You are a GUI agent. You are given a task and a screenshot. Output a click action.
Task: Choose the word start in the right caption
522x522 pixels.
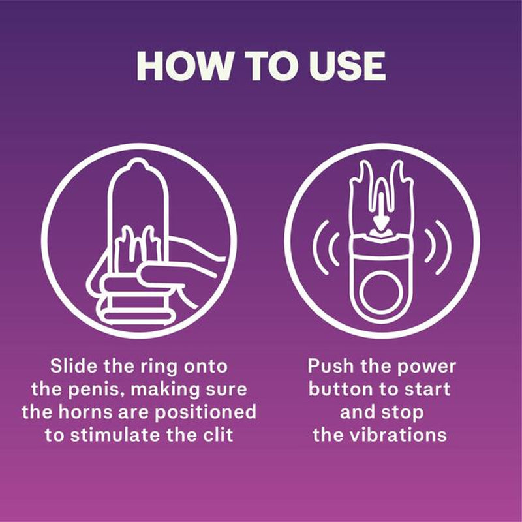click(427, 389)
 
